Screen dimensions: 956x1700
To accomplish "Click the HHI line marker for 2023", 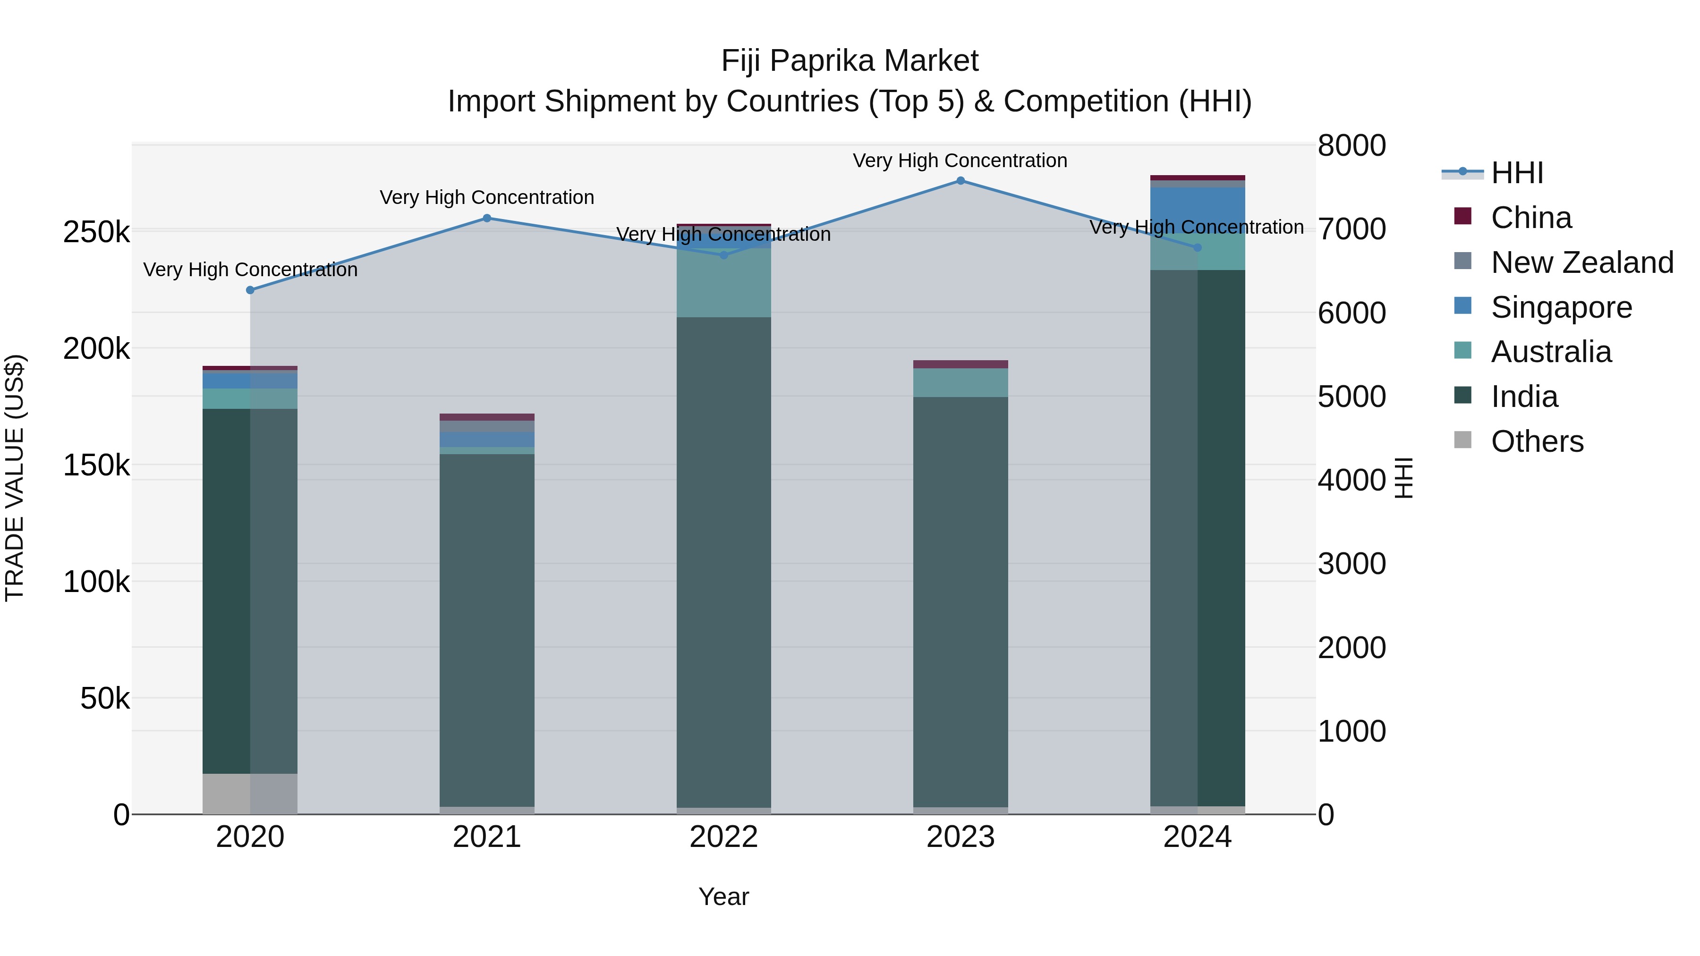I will click(x=960, y=181).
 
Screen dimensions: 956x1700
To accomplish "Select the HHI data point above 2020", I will click(x=250, y=290).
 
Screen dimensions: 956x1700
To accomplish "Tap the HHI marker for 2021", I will click(x=487, y=219).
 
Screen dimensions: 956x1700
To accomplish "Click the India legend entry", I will click(x=1524, y=397).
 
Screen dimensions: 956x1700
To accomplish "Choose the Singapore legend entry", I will click(x=1561, y=307).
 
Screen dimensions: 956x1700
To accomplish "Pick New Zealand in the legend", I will click(x=1581, y=262).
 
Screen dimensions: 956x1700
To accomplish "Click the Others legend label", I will click(x=1537, y=442).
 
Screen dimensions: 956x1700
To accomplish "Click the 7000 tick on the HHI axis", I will click(x=1351, y=229).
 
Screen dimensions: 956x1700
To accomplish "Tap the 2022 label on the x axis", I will click(x=723, y=837).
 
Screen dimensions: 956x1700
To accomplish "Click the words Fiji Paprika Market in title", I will click(x=850, y=61).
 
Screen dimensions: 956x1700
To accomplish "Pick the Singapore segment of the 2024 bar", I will click(x=1197, y=210).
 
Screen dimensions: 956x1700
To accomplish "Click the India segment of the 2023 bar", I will click(x=960, y=601).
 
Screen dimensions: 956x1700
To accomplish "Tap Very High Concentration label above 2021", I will click(x=487, y=197).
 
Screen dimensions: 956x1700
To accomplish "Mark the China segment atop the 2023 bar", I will click(x=960, y=364).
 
